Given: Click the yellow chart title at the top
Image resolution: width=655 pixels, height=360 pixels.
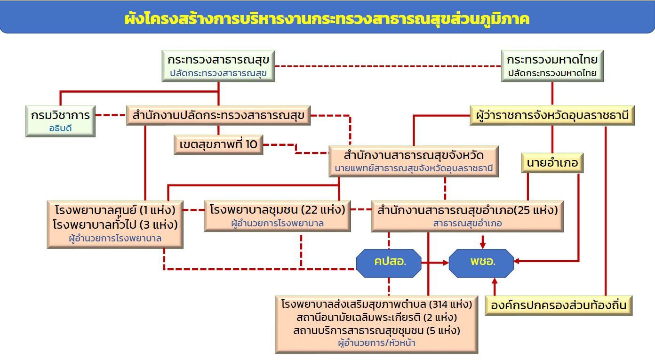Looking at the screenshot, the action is (x=327, y=18).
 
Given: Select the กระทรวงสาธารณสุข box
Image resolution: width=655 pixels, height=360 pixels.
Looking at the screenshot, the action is (x=218, y=66).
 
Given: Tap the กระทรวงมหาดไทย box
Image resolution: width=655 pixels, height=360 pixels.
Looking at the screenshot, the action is (x=552, y=66).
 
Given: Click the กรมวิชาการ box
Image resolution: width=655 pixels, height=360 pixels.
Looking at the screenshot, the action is (x=61, y=121).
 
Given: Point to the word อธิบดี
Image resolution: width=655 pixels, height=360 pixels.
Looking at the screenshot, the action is (x=61, y=128).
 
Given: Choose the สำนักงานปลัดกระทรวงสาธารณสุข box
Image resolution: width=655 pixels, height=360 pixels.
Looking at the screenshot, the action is (x=218, y=115).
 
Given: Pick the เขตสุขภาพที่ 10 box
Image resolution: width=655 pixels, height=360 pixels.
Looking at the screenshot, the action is (x=218, y=144).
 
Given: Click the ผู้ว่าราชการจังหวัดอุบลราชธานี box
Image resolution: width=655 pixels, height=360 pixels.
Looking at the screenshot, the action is (x=552, y=115).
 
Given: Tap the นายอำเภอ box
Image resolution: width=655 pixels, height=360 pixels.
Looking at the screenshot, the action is (x=552, y=163).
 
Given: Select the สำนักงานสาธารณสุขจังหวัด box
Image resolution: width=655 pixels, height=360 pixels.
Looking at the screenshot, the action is (x=414, y=161).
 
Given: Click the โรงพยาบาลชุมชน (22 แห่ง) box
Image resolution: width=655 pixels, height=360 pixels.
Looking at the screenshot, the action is (x=277, y=216).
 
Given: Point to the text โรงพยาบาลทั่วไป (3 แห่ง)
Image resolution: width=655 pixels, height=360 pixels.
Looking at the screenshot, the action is (x=115, y=224).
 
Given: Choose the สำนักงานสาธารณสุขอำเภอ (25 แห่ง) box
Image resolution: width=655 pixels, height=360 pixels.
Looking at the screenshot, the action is (x=467, y=216).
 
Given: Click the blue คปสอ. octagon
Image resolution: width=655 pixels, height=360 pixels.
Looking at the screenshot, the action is (x=389, y=263).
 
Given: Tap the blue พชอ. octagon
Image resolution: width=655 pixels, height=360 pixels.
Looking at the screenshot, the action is (x=481, y=263).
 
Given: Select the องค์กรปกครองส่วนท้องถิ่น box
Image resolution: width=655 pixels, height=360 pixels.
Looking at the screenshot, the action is (x=559, y=305).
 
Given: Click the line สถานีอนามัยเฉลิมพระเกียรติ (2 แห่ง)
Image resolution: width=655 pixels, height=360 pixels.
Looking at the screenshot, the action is (x=376, y=317).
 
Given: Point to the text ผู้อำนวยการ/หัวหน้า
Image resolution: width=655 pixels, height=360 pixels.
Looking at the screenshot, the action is (x=376, y=343).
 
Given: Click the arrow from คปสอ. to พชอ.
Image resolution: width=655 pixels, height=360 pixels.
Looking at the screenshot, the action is (x=435, y=263).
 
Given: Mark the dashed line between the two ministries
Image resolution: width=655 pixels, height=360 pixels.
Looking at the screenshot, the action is (x=388, y=66).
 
